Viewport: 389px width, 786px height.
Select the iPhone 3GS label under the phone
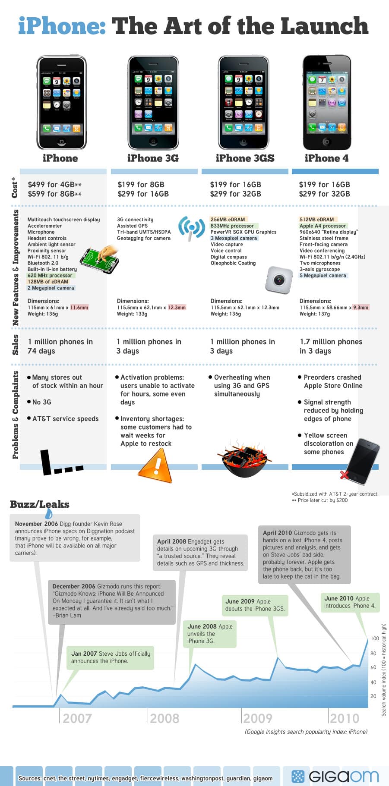[x=245, y=158]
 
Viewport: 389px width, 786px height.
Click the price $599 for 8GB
[x=54, y=194]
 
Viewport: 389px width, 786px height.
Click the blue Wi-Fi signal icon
[x=191, y=228]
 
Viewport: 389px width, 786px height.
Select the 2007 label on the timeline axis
[x=77, y=718]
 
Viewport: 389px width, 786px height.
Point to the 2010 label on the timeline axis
[x=345, y=718]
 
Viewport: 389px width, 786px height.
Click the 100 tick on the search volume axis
[x=375, y=638]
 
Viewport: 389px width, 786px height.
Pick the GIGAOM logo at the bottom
[x=336, y=776]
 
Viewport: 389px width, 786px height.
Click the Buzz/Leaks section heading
[x=40, y=504]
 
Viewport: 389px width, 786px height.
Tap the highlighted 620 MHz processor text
[x=50, y=275]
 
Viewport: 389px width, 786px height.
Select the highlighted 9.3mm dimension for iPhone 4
[x=361, y=308]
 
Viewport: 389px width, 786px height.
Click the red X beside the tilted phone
[x=344, y=475]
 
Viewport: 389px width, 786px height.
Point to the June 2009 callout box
[x=255, y=605]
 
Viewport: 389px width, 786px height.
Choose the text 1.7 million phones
[x=331, y=342]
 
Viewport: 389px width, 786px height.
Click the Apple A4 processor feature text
[x=323, y=226]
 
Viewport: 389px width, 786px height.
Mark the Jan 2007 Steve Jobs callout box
[x=111, y=657]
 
